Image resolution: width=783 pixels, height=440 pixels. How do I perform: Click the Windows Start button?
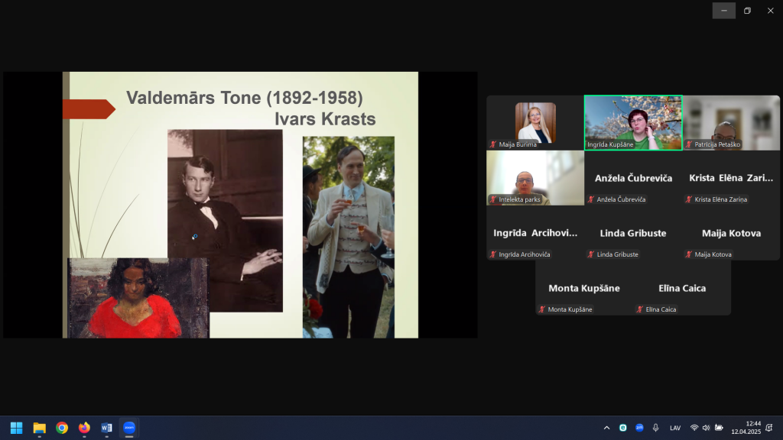[17, 428]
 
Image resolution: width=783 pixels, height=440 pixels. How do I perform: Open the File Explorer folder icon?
[40, 428]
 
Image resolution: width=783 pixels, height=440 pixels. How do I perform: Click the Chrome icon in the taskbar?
[62, 428]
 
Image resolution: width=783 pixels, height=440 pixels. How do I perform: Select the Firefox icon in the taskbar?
[84, 428]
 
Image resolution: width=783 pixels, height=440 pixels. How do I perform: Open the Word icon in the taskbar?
[106, 428]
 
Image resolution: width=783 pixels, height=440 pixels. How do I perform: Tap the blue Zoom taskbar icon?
[128, 428]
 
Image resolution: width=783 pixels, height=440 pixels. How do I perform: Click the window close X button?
[771, 11]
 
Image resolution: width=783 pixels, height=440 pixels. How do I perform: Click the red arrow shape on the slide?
[89, 108]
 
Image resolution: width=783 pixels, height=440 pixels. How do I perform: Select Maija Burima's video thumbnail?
[535, 123]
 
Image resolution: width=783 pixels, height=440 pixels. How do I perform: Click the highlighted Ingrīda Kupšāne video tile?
[633, 123]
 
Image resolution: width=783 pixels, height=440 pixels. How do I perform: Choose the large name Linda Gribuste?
[632, 233]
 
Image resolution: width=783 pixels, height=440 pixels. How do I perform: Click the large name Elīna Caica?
[682, 288]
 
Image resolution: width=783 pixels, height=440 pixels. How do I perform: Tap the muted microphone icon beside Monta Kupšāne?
[542, 309]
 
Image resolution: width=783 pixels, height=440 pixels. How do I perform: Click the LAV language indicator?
[675, 428]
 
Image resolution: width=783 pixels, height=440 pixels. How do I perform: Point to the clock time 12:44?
[753, 423]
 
